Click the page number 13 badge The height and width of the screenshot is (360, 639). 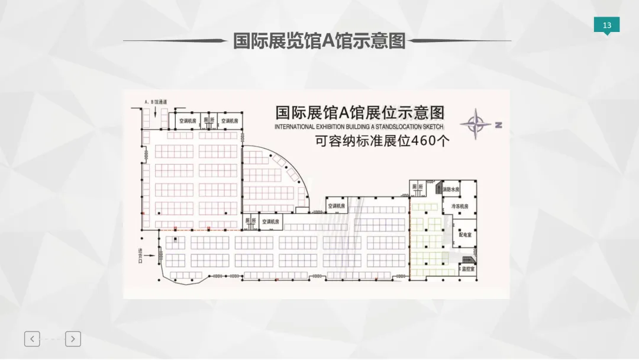pos(607,25)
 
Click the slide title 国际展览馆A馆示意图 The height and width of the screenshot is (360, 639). pos(319,41)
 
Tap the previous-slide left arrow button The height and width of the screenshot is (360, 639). pos(32,339)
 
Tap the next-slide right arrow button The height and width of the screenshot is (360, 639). pos(73,339)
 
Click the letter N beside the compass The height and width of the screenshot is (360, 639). pos(498,125)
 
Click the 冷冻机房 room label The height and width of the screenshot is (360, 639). pos(460,207)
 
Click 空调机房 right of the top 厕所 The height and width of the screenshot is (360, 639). pos(230,121)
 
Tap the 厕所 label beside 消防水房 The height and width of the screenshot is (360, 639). pos(418,187)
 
